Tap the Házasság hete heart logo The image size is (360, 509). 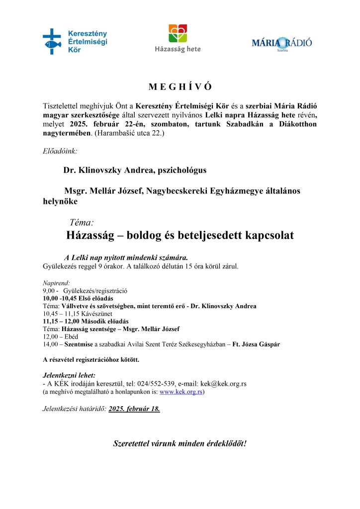point(178,34)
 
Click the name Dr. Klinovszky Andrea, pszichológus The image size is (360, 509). point(135,170)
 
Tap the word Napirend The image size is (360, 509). point(56,282)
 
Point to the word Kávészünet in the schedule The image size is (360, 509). point(93,314)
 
